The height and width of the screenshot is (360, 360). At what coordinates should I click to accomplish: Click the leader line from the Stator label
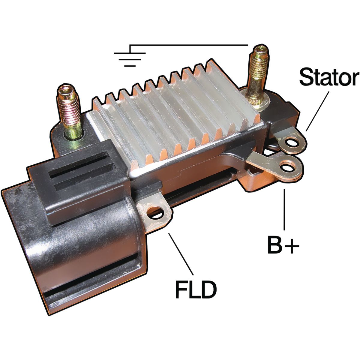pyautogui.click(x=317, y=111)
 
